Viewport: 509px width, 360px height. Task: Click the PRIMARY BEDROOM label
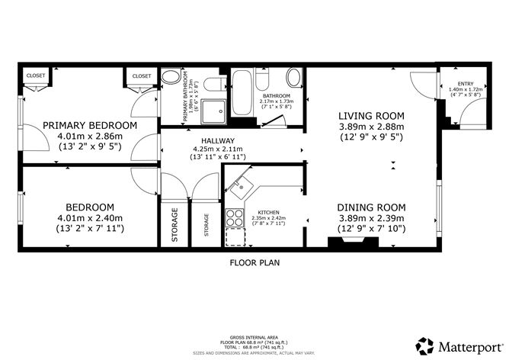point(90,125)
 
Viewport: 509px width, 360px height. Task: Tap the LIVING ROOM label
point(371,116)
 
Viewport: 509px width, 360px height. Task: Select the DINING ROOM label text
point(371,207)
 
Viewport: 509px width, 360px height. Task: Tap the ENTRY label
point(466,83)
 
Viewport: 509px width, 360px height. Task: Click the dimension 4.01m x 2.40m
point(90,217)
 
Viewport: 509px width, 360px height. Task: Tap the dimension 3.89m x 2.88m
point(371,127)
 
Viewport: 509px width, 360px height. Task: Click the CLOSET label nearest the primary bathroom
point(142,76)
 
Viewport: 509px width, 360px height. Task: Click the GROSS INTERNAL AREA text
point(254,336)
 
